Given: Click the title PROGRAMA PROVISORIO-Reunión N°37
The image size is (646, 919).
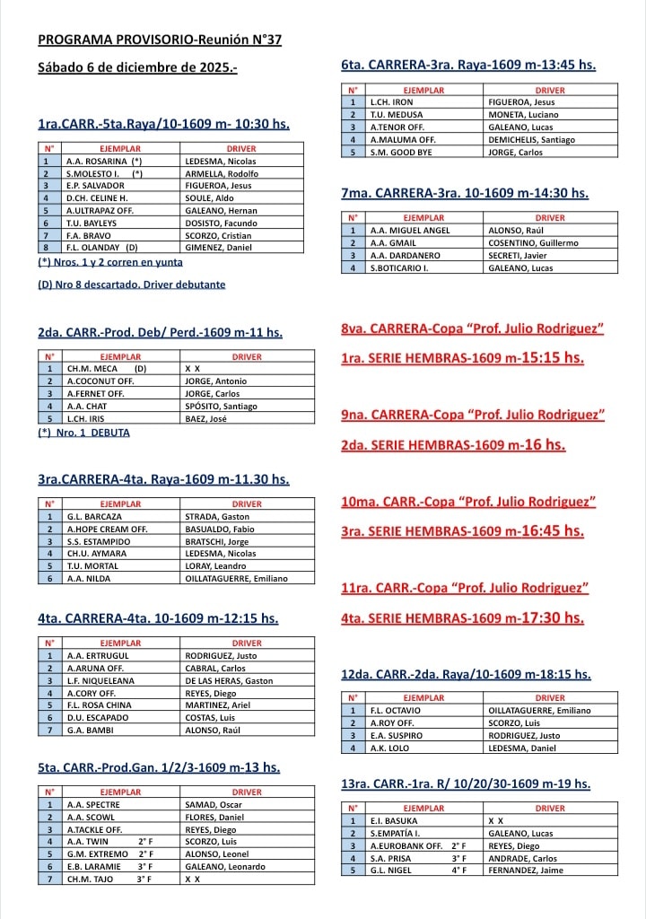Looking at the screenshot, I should click(x=160, y=40).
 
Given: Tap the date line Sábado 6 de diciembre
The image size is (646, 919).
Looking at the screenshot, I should click(x=137, y=67).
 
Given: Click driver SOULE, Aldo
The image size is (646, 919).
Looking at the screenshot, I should click(x=210, y=198).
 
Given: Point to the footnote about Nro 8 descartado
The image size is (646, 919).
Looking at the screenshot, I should click(x=132, y=284).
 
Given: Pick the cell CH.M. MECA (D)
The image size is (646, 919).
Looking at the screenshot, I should click(x=105, y=369).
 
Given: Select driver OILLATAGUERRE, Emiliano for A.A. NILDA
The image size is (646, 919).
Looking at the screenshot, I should click(x=236, y=579).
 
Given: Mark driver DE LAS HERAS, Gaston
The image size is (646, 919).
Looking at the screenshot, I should click(x=229, y=681).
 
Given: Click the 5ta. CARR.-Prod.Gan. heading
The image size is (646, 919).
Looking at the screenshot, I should click(x=159, y=767).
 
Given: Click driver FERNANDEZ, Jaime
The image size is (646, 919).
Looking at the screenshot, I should click(x=527, y=871).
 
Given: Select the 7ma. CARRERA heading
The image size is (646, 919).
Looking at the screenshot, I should click(x=465, y=193).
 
